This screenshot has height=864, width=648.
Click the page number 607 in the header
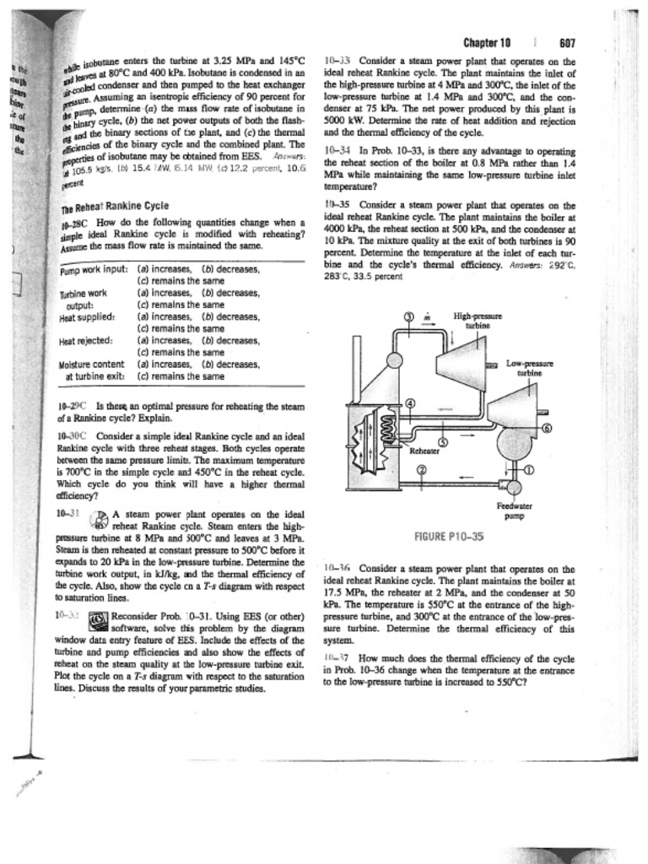click(567, 44)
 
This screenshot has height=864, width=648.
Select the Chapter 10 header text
click(488, 44)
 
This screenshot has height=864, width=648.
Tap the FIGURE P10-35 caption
click(450, 536)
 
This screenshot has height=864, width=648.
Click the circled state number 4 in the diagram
click(411, 402)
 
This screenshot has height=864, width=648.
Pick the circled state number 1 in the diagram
click(530, 470)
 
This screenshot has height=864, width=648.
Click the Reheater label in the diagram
click(425, 451)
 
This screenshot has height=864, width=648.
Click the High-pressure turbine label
click(472, 320)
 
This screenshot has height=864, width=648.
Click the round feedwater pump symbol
click(514, 487)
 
